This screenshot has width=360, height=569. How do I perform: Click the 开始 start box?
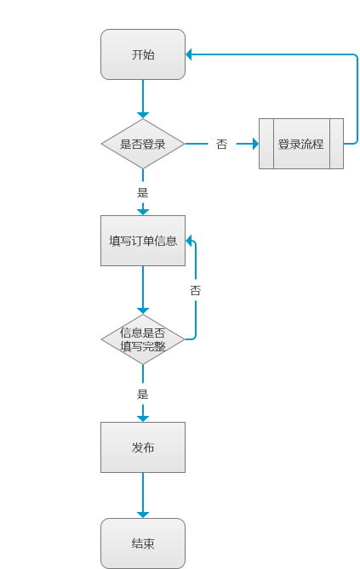(143, 54)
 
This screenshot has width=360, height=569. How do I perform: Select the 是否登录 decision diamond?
(143, 144)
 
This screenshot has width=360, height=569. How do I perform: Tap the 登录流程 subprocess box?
(301, 144)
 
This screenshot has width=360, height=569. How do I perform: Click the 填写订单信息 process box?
(143, 241)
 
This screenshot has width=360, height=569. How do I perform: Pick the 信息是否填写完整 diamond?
(143, 339)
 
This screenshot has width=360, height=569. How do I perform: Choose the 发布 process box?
(143, 447)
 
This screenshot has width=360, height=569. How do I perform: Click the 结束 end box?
(143, 543)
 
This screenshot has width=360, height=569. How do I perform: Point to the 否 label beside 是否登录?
(221, 145)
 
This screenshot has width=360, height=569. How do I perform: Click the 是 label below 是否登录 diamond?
(143, 192)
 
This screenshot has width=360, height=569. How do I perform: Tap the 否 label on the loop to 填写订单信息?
(196, 290)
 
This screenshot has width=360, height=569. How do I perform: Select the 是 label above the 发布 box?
(143, 394)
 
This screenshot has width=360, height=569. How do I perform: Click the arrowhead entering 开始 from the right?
(191, 54)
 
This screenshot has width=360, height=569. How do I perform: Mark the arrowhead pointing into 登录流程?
(254, 144)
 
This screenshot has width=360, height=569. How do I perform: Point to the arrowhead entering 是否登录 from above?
(143, 115)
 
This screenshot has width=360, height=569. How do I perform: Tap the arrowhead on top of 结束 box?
(143, 514)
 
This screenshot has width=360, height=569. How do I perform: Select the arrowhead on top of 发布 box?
(143, 417)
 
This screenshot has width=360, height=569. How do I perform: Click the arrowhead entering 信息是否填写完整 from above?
(143, 310)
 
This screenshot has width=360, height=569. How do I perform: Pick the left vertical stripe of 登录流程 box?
(266, 144)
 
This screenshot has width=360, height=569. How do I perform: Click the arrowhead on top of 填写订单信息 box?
(143, 211)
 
